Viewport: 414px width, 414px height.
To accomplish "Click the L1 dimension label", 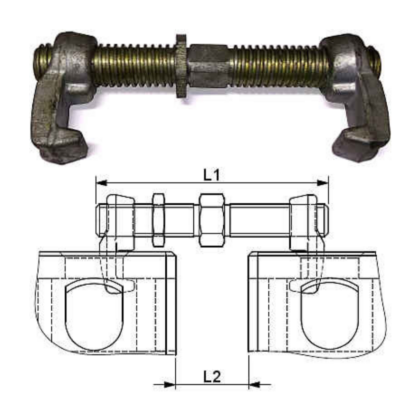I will tap(211, 176).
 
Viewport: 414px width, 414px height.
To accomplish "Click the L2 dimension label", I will tap(212, 376).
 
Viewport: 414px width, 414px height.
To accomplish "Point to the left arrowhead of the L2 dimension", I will tap(169, 384).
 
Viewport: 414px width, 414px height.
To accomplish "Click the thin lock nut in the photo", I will tap(181, 66).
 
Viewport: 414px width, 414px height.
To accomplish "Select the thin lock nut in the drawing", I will tap(158, 220).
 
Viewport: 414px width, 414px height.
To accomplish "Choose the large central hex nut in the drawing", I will tap(212, 220).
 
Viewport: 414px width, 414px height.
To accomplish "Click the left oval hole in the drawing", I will tap(94, 315).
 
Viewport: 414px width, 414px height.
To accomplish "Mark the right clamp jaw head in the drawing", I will tap(303, 221).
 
